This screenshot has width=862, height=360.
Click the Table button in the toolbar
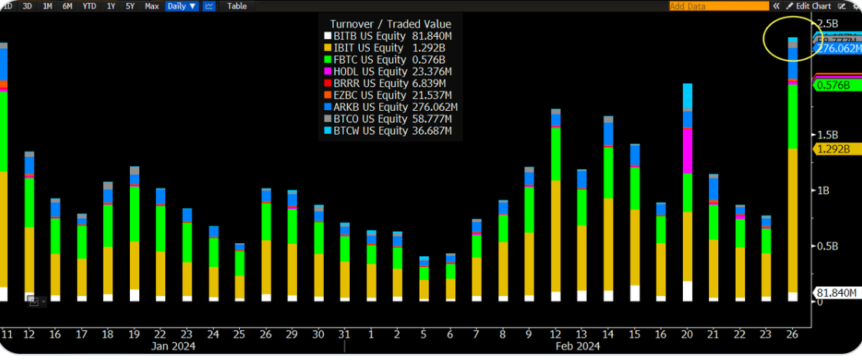tap(237, 6)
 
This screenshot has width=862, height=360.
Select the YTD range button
tap(89, 6)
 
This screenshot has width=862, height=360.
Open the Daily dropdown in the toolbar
tap(181, 6)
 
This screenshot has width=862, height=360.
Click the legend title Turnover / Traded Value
tap(391, 24)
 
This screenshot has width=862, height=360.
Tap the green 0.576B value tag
tap(834, 85)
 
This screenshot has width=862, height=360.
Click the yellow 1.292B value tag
tap(834, 149)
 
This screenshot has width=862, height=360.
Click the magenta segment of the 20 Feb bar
tap(687, 151)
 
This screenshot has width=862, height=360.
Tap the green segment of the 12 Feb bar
tap(556, 154)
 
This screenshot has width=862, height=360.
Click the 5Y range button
tap(130, 6)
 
